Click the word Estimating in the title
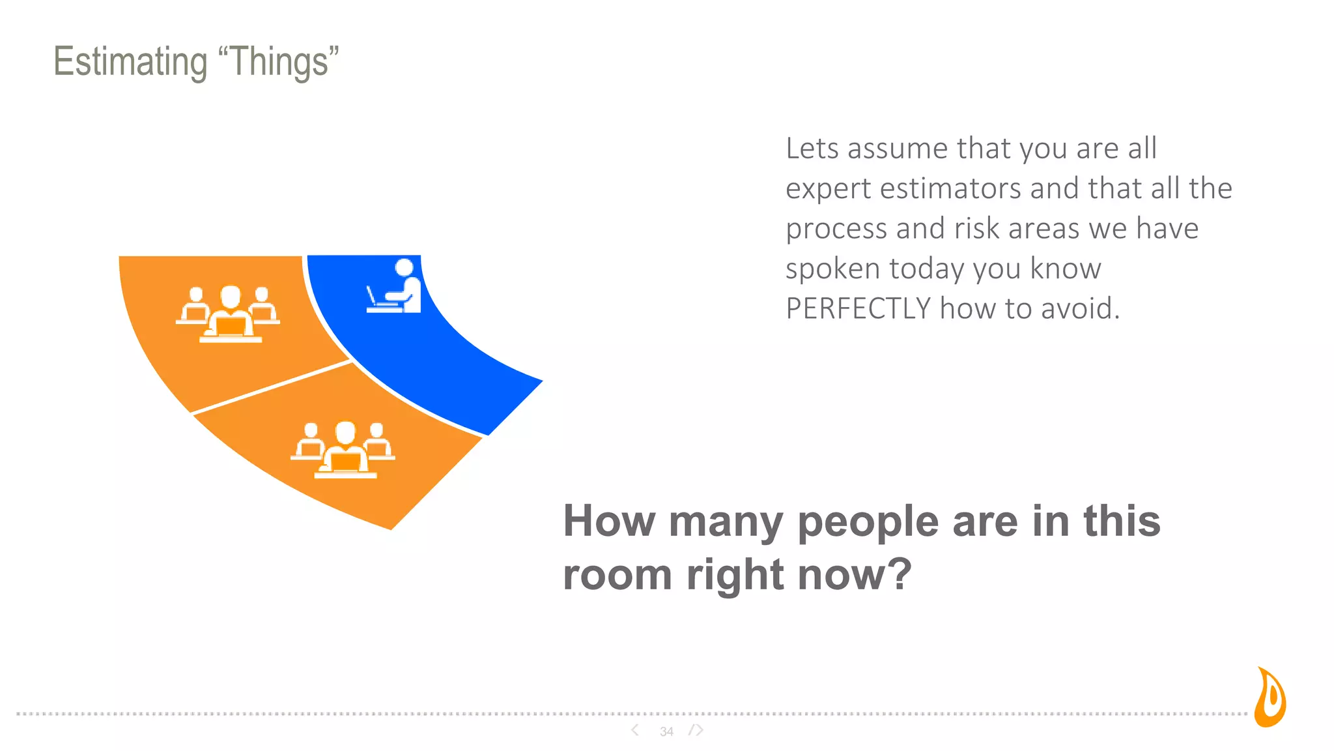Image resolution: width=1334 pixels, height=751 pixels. click(130, 62)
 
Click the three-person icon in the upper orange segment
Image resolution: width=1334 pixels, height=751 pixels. click(228, 314)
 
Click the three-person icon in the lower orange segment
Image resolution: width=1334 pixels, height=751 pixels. click(343, 450)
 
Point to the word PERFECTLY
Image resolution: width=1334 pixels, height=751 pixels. click(858, 308)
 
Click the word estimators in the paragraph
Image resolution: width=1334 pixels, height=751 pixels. click(950, 189)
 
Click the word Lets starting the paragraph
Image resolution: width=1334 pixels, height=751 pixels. click(812, 149)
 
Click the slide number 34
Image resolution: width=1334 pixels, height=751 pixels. click(666, 731)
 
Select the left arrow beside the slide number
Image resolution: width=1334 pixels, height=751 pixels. click(635, 730)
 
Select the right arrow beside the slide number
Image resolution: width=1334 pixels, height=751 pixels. click(698, 730)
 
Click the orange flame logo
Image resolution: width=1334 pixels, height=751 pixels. click(1271, 698)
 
